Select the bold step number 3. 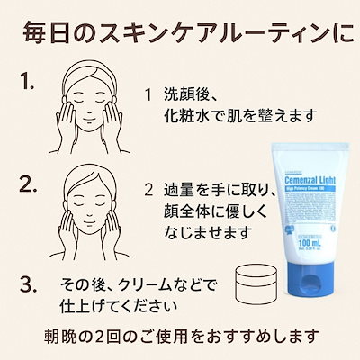pyautogui.click(x=28, y=285)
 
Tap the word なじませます pyautogui.click(x=200, y=236)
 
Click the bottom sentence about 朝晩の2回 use pyautogui.click(x=185, y=338)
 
